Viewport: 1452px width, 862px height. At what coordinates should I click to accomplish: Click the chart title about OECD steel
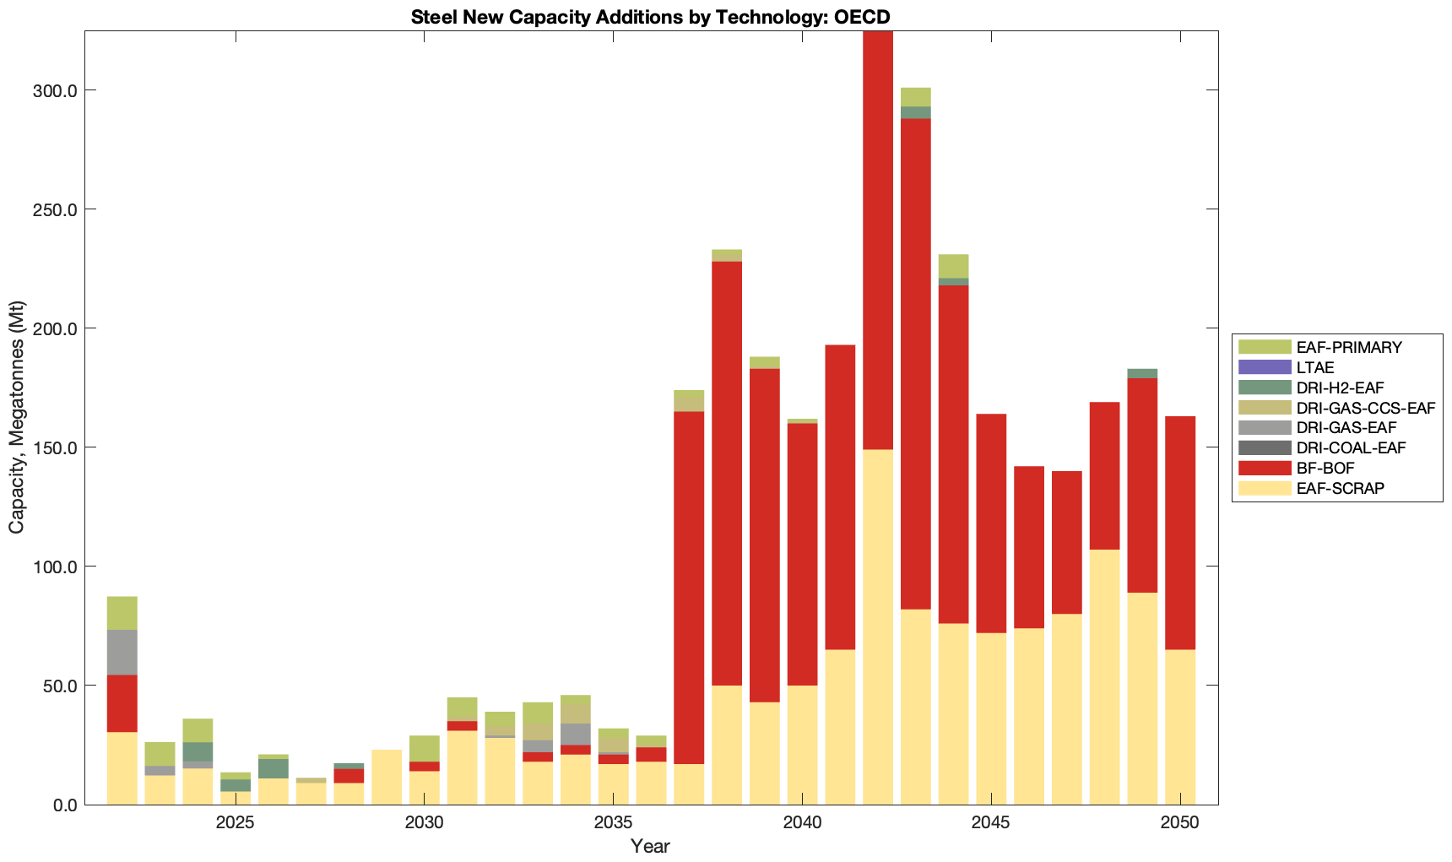pyautogui.click(x=650, y=17)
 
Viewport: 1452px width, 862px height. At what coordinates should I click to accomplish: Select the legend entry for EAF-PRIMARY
pyautogui.click(x=1348, y=347)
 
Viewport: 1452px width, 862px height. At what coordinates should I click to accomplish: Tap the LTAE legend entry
pyautogui.click(x=1314, y=367)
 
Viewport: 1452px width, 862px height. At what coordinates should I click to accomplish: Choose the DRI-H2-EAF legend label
pyautogui.click(x=1340, y=388)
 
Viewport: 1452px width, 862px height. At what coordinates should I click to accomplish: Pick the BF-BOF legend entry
pyautogui.click(x=1325, y=468)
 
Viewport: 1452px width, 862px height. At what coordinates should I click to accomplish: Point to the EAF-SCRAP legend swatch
pyautogui.click(x=1264, y=488)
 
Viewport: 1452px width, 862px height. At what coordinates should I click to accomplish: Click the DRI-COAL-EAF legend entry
pyautogui.click(x=1351, y=447)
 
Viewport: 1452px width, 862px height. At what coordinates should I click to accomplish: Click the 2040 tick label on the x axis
pyautogui.click(x=802, y=823)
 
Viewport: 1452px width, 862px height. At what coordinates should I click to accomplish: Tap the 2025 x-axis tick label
pyautogui.click(x=236, y=823)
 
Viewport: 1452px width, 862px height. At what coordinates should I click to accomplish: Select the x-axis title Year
pyautogui.click(x=650, y=846)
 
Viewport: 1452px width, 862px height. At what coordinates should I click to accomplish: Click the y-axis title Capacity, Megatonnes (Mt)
pyautogui.click(x=17, y=417)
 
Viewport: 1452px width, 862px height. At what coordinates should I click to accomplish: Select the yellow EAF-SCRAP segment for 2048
pyautogui.click(x=1104, y=675)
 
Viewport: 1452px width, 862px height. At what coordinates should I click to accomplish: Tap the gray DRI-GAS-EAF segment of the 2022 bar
pyautogui.click(x=122, y=652)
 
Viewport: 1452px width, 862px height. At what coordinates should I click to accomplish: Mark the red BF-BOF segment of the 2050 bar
pyautogui.click(x=1180, y=532)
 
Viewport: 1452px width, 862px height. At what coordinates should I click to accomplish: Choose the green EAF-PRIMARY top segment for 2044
pyautogui.click(x=953, y=266)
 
